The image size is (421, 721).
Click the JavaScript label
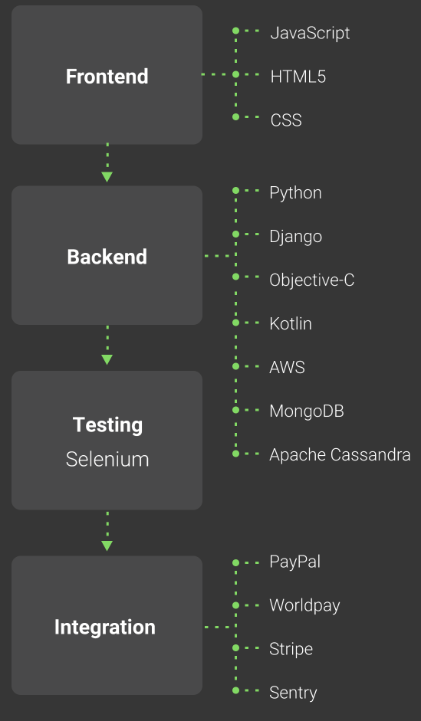click(310, 33)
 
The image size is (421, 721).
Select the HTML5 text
click(298, 77)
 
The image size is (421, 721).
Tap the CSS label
click(286, 120)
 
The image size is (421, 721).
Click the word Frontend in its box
click(107, 77)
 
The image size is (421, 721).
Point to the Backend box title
click(107, 257)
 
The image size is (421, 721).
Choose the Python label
click(295, 193)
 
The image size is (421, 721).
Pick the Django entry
click(295, 237)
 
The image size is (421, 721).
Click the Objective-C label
click(312, 280)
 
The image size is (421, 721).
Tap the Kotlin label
click(291, 323)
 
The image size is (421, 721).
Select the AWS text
click(287, 368)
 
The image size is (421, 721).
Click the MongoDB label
click(307, 411)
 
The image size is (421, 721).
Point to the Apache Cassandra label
click(340, 455)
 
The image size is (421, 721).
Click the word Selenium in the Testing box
click(107, 460)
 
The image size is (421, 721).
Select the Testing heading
click(107, 425)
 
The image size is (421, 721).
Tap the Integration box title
click(105, 628)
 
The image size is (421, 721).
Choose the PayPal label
click(295, 562)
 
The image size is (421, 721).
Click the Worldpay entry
click(304, 605)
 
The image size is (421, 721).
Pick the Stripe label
click(291, 649)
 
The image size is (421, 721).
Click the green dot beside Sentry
click(235, 690)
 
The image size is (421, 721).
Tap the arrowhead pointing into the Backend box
click(107, 177)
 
